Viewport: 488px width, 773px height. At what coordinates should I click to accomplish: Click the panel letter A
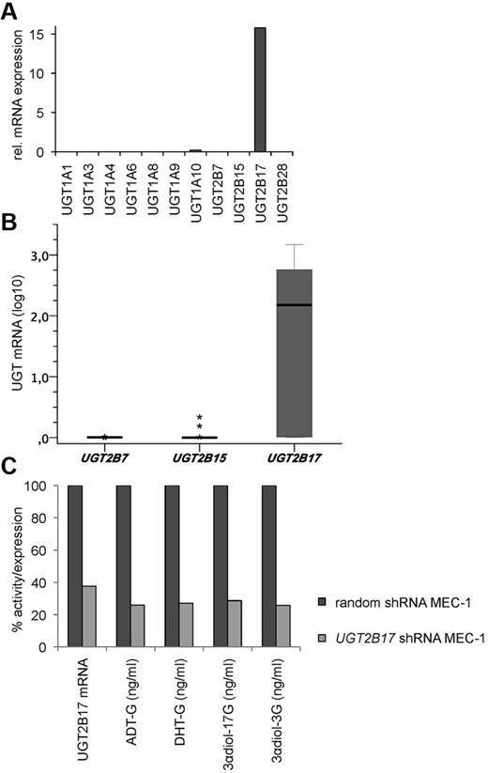coord(12,10)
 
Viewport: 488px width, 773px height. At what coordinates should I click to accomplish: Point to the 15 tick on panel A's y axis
coord(38,34)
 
